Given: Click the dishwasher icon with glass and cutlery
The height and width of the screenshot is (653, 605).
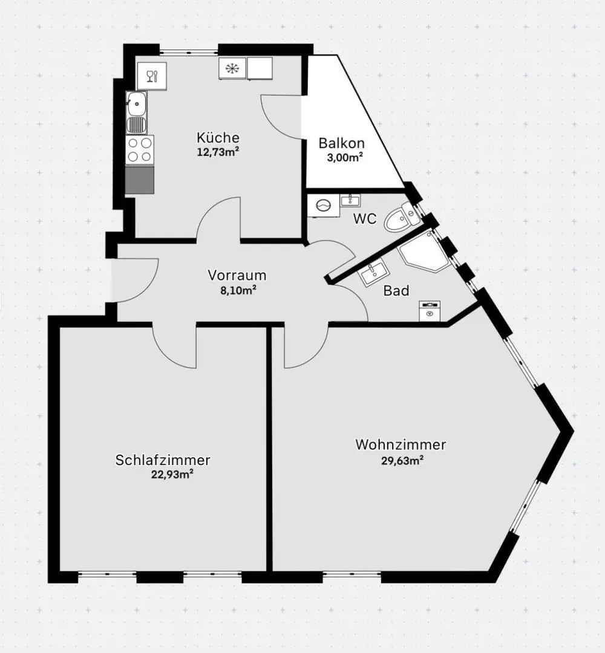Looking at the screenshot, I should pyautogui.click(x=152, y=76).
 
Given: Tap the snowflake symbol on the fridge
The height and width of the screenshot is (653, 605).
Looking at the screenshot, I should pyautogui.click(x=231, y=68).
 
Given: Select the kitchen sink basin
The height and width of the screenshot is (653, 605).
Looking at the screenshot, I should pyautogui.click(x=137, y=103).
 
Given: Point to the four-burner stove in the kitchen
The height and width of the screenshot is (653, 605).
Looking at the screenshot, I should pyautogui.click(x=140, y=149).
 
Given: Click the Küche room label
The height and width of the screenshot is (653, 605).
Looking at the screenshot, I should pyautogui.click(x=218, y=137).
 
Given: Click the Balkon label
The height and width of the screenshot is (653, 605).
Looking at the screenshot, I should pyautogui.click(x=342, y=143).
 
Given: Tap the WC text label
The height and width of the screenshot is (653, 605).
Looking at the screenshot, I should pyautogui.click(x=365, y=219).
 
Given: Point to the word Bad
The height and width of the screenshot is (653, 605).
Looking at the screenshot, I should pyautogui.click(x=396, y=291).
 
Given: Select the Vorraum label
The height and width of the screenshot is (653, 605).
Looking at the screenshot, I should pyautogui.click(x=237, y=275).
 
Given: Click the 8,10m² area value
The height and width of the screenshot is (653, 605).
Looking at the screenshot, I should pyautogui.click(x=237, y=290).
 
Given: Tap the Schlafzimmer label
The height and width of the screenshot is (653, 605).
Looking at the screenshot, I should pyautogui.click(x=163, y=460).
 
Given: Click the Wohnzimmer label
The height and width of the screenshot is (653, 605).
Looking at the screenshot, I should pyautogui.click(x=401, y=445).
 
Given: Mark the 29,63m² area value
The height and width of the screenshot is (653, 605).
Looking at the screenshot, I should pyautogui.click(x=401, y=460).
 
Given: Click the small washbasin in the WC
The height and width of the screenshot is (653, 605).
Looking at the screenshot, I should pyautogui.click(x=350, y=200).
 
